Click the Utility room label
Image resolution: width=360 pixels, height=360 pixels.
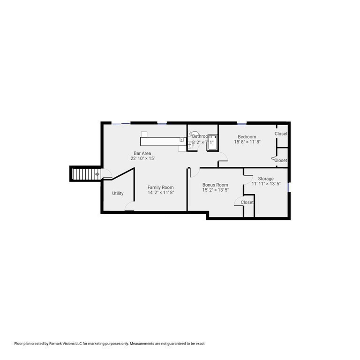click(118, 193)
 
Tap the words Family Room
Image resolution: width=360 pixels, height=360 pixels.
click(160, 187)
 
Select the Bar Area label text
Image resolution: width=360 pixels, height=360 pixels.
click(142, 153)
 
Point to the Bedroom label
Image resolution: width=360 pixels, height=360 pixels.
click(247, 137)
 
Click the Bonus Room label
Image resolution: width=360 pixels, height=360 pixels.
click(215, 185)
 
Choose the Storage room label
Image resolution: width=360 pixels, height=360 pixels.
click(265, 179)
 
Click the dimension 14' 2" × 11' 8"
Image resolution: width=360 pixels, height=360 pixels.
click(160, 193)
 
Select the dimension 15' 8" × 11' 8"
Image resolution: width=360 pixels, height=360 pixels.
click(247, 142)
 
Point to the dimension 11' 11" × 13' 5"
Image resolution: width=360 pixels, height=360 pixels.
click(265, 184)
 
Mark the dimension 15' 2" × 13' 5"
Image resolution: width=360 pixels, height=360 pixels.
click(215, 190)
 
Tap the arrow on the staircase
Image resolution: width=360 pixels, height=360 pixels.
click(97, 174)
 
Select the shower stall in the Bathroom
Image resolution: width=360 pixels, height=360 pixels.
click(212, 142)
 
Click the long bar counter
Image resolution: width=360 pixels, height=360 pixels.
click(162, 140)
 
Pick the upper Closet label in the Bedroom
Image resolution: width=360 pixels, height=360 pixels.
click(281, 134)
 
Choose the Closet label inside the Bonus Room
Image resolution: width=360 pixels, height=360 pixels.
click(247, 202)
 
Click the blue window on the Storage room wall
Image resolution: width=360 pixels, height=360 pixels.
click(289, 187)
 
